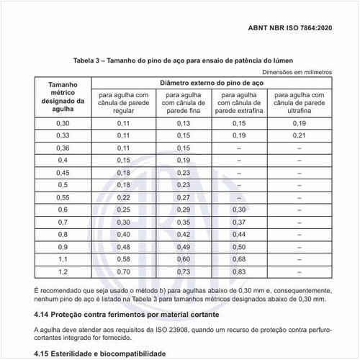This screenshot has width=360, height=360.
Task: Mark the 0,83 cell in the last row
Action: point(240,272)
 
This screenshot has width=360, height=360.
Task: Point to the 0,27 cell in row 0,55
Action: point(184,197)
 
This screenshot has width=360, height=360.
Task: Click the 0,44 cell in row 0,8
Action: point(240,234)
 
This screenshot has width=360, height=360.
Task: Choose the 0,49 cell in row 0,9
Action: point(184,247)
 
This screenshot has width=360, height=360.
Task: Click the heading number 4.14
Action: point(45,315)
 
